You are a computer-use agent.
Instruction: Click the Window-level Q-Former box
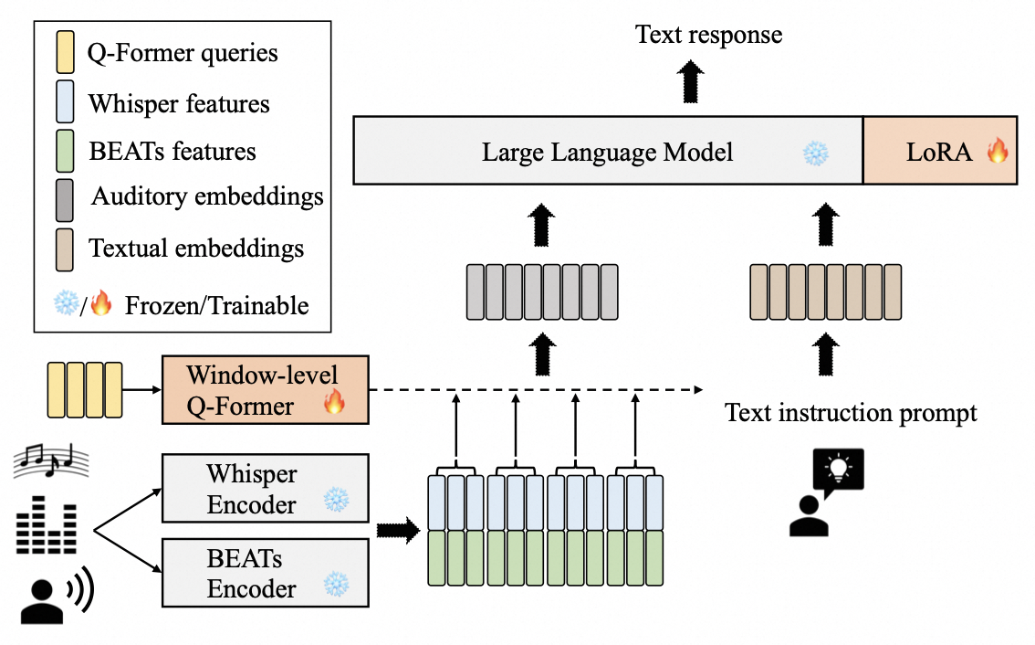[265, 389]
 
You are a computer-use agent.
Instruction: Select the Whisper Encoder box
[265, 489]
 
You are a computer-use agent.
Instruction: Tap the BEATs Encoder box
[265, 573]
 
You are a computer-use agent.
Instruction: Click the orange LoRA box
[940, 151]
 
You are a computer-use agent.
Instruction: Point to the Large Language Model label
[607, 152]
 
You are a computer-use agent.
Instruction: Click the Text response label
[709, 36]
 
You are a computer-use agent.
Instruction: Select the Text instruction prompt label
[851, 413]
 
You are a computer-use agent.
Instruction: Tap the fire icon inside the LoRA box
[998, 151]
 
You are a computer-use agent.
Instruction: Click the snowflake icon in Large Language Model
[814, 153]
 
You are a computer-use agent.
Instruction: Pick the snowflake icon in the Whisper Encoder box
[337, 500]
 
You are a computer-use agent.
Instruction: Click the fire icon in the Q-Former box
[334, 401]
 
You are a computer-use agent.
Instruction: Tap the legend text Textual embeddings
[196, 248]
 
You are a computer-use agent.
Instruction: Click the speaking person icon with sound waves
[55, 597]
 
